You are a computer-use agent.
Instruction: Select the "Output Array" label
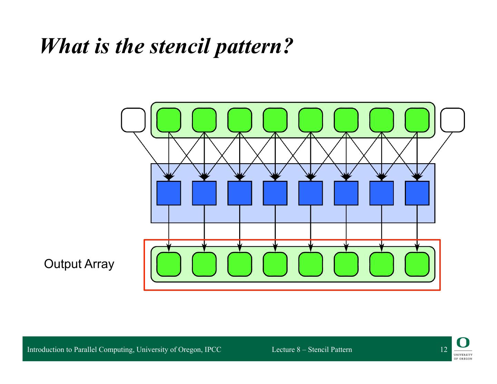pos(79,264)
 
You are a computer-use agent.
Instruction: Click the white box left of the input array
pos(133,120)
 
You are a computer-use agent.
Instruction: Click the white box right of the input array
pos(452,120)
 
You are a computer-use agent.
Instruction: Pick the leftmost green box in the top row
pos(169,120)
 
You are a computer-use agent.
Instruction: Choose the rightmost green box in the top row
pos(417,120)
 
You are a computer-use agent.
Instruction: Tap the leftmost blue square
pos(169,193)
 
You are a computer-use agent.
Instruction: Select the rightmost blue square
pos(417,193)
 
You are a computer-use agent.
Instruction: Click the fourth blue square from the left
pos(275,193)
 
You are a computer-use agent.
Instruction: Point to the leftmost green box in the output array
pos(169,264)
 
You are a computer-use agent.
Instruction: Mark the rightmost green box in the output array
pos(417,264)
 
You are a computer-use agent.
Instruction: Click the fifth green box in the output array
pos(311,264)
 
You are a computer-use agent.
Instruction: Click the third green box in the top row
pos(240,120)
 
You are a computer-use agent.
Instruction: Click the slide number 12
pos(444,349)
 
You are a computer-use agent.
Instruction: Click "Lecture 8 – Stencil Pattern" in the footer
pos(312,349)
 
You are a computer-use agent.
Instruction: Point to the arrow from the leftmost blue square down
pos(169,228)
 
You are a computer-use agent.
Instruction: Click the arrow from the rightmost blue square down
pos(417,228)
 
